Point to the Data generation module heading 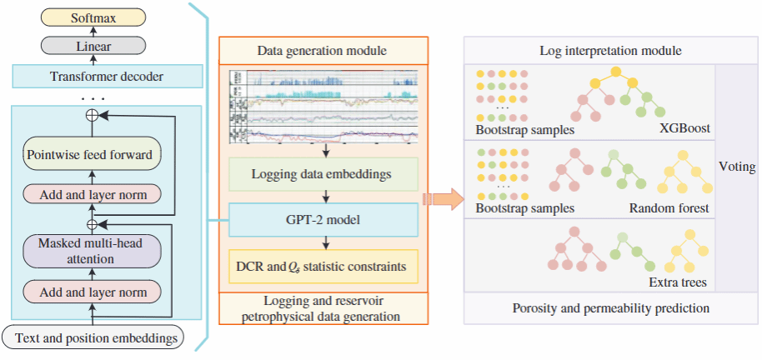323,52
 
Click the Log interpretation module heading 611,51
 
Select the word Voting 736,167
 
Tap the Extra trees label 677,282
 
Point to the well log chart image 323,107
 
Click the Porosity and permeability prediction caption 611,308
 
